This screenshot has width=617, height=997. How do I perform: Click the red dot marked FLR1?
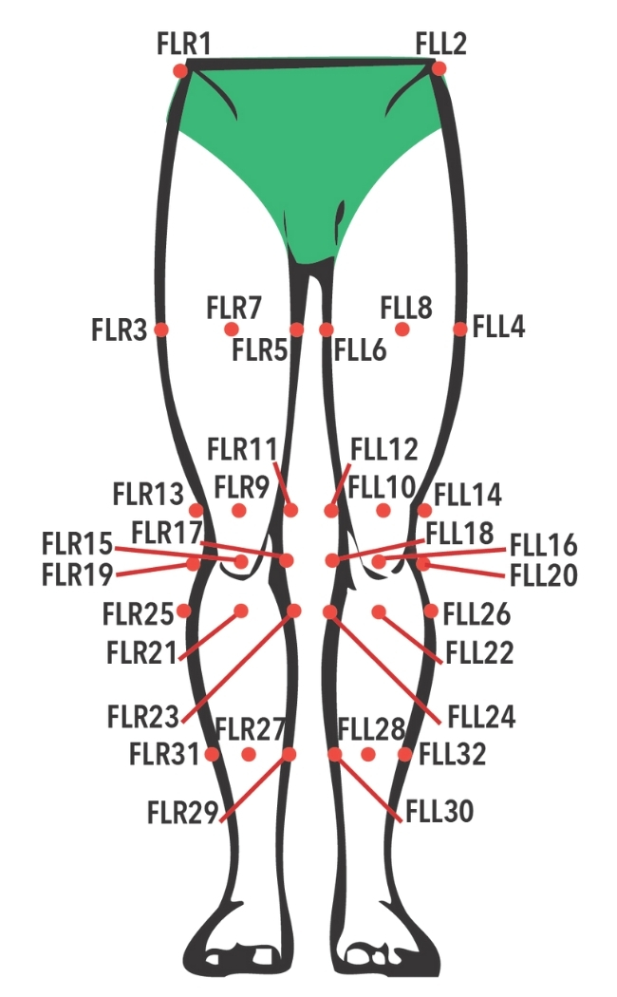pos(180,70)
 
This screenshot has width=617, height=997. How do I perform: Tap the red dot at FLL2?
pos(439,68)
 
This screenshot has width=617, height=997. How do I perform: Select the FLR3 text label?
pos(120,330)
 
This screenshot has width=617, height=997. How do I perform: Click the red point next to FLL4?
pos(460,329)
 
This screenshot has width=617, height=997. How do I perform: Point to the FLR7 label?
pos(234,308)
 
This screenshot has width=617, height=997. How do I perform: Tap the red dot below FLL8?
pos(402,329)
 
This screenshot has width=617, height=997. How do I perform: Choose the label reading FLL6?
pos(361,349)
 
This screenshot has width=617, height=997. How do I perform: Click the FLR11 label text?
pos(242,449)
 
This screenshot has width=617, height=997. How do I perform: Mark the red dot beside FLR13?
pos(196,510)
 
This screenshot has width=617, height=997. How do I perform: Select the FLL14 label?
pos(468,495)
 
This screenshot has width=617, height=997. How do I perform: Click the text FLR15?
pos(78,544)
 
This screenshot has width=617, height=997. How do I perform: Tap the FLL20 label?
pos(544,574)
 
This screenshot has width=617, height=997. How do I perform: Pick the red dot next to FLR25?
pos(183,611)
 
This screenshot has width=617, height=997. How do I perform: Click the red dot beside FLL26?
pos(431,611)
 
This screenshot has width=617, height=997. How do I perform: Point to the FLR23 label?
pos(143,717)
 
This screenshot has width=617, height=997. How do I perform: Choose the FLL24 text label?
pos(481,717)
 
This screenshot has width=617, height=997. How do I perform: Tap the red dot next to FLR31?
pos(213,755)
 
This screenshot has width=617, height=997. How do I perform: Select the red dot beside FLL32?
pos(404,755)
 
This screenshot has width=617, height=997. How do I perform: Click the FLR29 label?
pos(183,812)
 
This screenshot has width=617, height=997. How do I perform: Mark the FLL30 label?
pos(439,811)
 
